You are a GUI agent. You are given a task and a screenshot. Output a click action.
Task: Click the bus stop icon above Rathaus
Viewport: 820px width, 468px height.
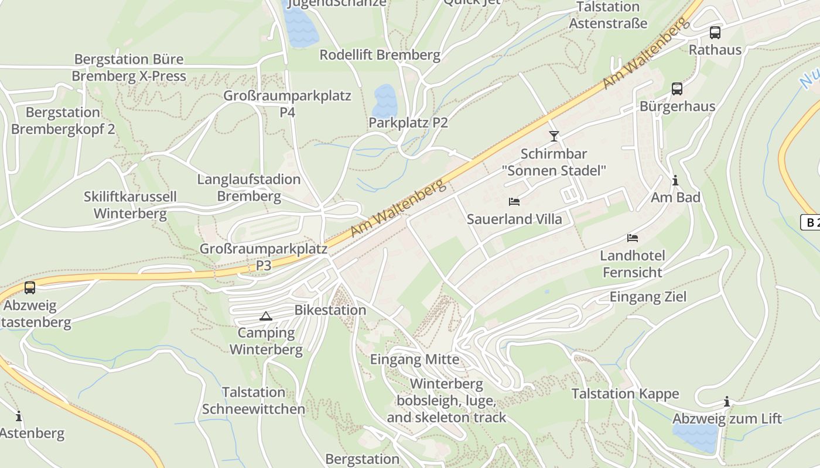pyautogui.click(x=715, y=33)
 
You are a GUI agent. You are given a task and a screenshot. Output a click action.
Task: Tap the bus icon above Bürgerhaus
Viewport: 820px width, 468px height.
pyautogui.click(x=677, y=89)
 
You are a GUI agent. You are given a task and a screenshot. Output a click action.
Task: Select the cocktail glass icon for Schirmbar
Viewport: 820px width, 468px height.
pyautogui.click(x=553, y=136)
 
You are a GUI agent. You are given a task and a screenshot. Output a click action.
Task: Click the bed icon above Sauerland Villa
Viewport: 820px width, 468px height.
pyautogui.click(x=514, y=202)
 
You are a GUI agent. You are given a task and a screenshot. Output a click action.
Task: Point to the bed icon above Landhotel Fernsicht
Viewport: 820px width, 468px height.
pyautogui.click(x=633, y=238)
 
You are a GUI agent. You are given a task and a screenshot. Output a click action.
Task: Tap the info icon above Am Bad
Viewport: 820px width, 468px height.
pyautogui.click(x=675, y=180)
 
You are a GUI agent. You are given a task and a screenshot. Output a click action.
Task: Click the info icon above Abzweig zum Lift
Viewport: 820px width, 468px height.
pyautogui.click(x=727, y=401)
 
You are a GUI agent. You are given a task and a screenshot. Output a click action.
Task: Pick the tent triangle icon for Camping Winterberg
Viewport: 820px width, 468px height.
pyautogui.click(x=266, y=316)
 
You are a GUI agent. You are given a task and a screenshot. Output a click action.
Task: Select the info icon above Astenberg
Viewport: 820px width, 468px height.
pyautogui.click(x=19, y=416)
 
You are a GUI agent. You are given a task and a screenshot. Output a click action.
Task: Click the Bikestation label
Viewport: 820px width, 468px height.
pyautogui.click(x=330, y=310)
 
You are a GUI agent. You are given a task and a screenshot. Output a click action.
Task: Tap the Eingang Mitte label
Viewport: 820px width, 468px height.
pyautogui.click(x=415, y=359)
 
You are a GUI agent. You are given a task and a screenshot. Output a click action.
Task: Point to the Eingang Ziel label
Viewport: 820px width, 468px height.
pyautogui.click(x=648, y=297)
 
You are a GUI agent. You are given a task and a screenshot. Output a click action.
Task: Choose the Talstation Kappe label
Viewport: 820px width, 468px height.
pyautogui.click(x=625, y=394)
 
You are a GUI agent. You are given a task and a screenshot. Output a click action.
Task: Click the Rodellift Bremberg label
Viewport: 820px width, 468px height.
pyautogui.click(x=380, y=55)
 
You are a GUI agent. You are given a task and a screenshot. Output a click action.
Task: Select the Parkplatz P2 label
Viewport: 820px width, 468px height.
pyautogui.click(x=408, y=123)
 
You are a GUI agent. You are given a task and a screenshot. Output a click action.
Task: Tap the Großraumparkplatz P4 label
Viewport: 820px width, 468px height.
pyautogui.click(x=287, y=103)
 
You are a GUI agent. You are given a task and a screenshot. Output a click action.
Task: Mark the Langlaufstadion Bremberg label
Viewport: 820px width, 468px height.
pyautogui.click(x=249, y=187)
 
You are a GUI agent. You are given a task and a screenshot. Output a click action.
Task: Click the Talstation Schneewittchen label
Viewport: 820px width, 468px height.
pyautogui.click(x=254, y=400)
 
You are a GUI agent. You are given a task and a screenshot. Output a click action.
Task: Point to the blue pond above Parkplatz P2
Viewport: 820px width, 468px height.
pyautogui.click(x=385, y=101)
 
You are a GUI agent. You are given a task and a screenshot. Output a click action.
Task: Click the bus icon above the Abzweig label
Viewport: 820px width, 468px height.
pyautogui.click(x=30, y=288)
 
